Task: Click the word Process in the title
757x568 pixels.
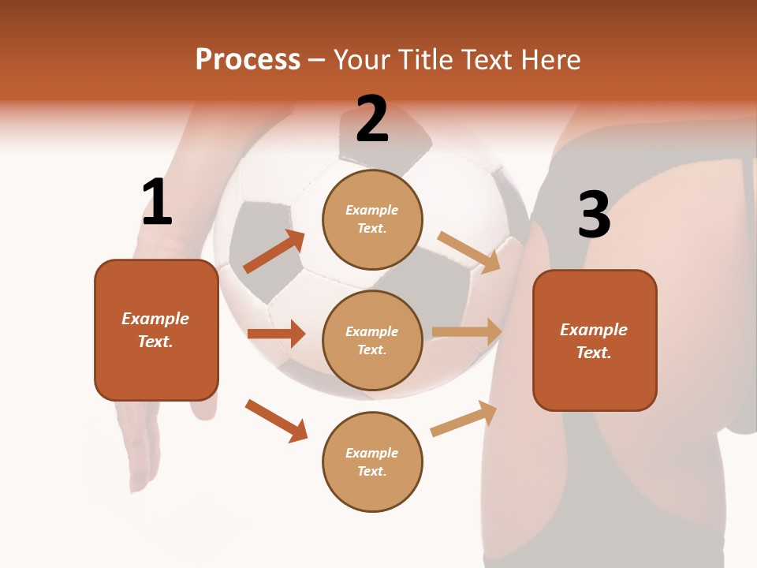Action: coord(248,59)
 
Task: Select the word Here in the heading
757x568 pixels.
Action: coord(549,59)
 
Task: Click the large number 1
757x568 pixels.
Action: coord(157,202)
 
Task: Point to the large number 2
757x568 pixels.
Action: coord(372,119)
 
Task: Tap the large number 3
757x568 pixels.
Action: coord(594,215)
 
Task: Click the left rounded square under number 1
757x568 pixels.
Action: coord(156,330)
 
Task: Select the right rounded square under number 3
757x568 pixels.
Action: coord(595,340)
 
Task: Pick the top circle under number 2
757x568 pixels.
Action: coord(372,219)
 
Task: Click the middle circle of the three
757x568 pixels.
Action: coord(372,340)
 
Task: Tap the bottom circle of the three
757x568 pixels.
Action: coord(372,461)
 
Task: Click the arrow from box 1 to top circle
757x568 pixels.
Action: coord(274,252)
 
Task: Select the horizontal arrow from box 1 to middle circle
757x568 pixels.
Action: coord(276,334)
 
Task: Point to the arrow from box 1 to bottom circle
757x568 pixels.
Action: coord(276,420)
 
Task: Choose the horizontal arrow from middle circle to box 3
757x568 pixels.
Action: coord(467,332)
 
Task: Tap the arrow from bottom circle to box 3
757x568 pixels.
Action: coord(464,418)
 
